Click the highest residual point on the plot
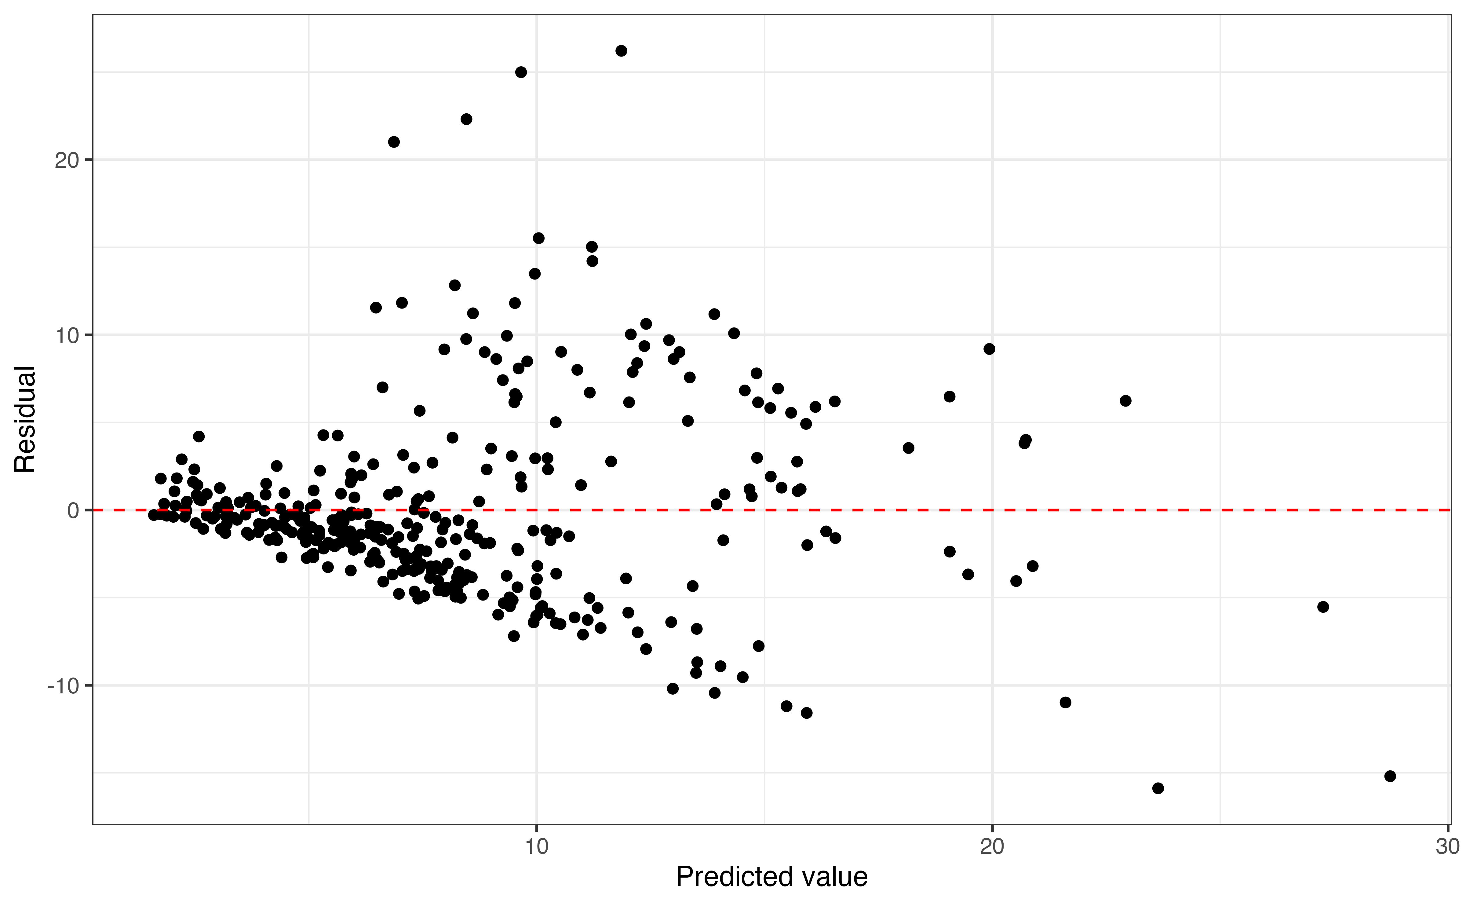[x=621, y=51]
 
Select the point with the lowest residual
[x=1158, y=788]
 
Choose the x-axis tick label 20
[x=992, y=847]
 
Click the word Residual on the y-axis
[x=25, y=419]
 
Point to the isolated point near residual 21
[x=394, y=142]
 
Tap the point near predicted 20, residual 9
[x=989, y=349]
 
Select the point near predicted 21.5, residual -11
[x=1065, y=702]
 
